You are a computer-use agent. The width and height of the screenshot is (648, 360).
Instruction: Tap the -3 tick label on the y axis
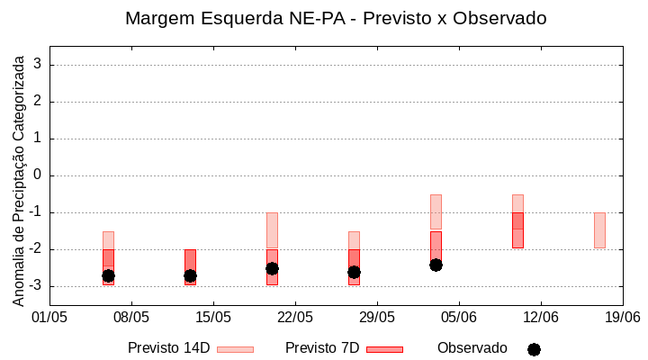click(34, 286)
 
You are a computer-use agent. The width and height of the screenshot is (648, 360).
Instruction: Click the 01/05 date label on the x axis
click(49, 317)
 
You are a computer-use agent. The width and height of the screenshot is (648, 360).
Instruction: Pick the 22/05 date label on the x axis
click(295, 317)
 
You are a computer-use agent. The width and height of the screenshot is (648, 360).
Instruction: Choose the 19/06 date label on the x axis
click(622, 317)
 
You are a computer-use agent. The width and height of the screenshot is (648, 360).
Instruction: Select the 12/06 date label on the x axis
click(540, 317)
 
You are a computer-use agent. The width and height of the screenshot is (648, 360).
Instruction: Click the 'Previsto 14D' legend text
click(168, 348)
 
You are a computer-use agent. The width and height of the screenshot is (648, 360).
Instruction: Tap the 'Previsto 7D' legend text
click(322, 348)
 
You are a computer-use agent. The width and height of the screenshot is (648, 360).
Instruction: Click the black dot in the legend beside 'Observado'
click(534, 349)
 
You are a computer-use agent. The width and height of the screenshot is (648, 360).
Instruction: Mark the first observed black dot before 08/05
click(108, 275)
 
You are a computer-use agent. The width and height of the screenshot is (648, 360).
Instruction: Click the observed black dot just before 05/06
click(436, 265)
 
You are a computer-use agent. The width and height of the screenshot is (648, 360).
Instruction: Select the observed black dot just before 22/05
click(272, 268)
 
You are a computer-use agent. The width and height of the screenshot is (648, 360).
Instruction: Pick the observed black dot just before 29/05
click(354, 272)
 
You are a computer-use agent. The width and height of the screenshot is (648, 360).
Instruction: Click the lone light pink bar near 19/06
click(599, 230)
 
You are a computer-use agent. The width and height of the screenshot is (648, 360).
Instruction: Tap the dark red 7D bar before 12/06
click(517, 230)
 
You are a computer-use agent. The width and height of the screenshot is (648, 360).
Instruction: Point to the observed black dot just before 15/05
click(190, 275)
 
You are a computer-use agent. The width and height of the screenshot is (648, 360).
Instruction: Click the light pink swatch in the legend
click(235, 349)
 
